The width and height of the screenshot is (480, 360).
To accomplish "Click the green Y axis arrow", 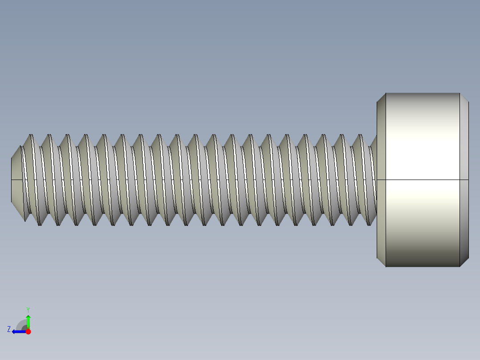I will click(28, 320).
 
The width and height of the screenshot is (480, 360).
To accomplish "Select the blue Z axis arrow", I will click(18, 331).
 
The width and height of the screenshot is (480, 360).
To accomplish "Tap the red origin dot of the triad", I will click(28, 331).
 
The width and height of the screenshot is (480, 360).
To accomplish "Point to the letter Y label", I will click(28, 309).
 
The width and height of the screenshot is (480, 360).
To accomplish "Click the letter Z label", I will click(9, 329).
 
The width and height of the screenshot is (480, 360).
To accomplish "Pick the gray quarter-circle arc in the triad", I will click(21, 324).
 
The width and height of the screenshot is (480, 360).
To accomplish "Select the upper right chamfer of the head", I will click(464, 98).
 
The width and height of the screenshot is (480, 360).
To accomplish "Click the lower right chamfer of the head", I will click(464, 262).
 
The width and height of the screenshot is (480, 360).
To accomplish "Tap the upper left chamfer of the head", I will click(381, 98).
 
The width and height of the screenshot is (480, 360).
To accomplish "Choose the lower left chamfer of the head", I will click(381, 262).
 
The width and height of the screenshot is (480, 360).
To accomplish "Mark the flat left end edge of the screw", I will click(11, 180).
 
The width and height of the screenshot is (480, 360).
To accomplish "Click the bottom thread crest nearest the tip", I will click(40, 225).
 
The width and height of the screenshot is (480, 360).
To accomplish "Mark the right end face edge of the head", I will click(468, 180).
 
